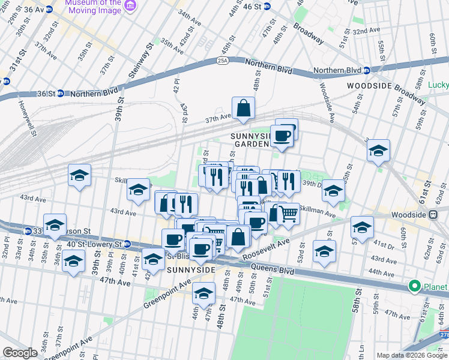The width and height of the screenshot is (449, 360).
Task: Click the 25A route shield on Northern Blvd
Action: pyautogui.click(x=223, y=61)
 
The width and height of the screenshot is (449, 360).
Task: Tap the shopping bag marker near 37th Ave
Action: pyautogui.click(x=244, y=109)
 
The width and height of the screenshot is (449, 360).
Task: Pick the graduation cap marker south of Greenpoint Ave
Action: pyautogui.click(x=203, y=294)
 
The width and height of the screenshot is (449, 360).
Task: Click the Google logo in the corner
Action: pyautogui.click(x=20, y=353)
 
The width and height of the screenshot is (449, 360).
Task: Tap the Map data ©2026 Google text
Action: pyautogui.click(x=412, y=355)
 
